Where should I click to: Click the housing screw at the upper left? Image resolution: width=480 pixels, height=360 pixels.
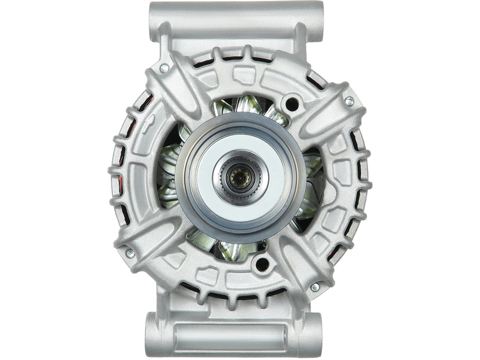point(164,68)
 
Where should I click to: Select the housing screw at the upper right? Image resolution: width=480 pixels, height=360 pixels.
point(349,101)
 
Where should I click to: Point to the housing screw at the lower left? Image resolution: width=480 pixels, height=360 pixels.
point(130,253)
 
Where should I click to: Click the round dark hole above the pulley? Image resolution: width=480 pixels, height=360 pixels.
point(292,104)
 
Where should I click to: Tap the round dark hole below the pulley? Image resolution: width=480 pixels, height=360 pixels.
point(261,264)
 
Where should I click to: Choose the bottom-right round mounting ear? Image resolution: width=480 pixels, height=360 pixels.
point(313,333)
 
